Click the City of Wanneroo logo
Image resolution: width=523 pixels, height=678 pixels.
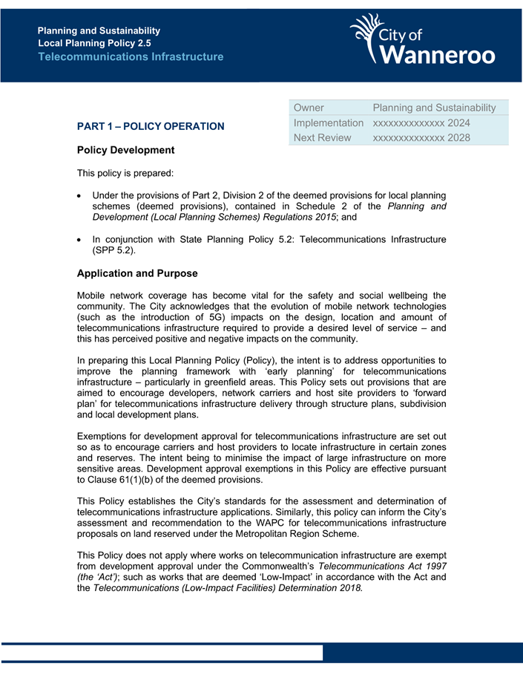[422, 41]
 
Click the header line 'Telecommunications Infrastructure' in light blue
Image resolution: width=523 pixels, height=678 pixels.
[131, 56]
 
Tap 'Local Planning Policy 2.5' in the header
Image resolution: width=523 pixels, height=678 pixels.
[94, 44]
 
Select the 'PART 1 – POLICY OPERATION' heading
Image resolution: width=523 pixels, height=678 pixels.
[151, 126]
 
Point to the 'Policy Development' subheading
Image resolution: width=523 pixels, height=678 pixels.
[126, 150]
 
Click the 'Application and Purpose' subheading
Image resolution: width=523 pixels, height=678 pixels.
[137, 273]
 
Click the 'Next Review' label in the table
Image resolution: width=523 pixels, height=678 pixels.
[323, 137]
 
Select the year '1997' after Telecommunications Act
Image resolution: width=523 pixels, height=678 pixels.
[433, 567]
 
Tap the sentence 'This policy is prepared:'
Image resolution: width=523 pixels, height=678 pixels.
[125, 174]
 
